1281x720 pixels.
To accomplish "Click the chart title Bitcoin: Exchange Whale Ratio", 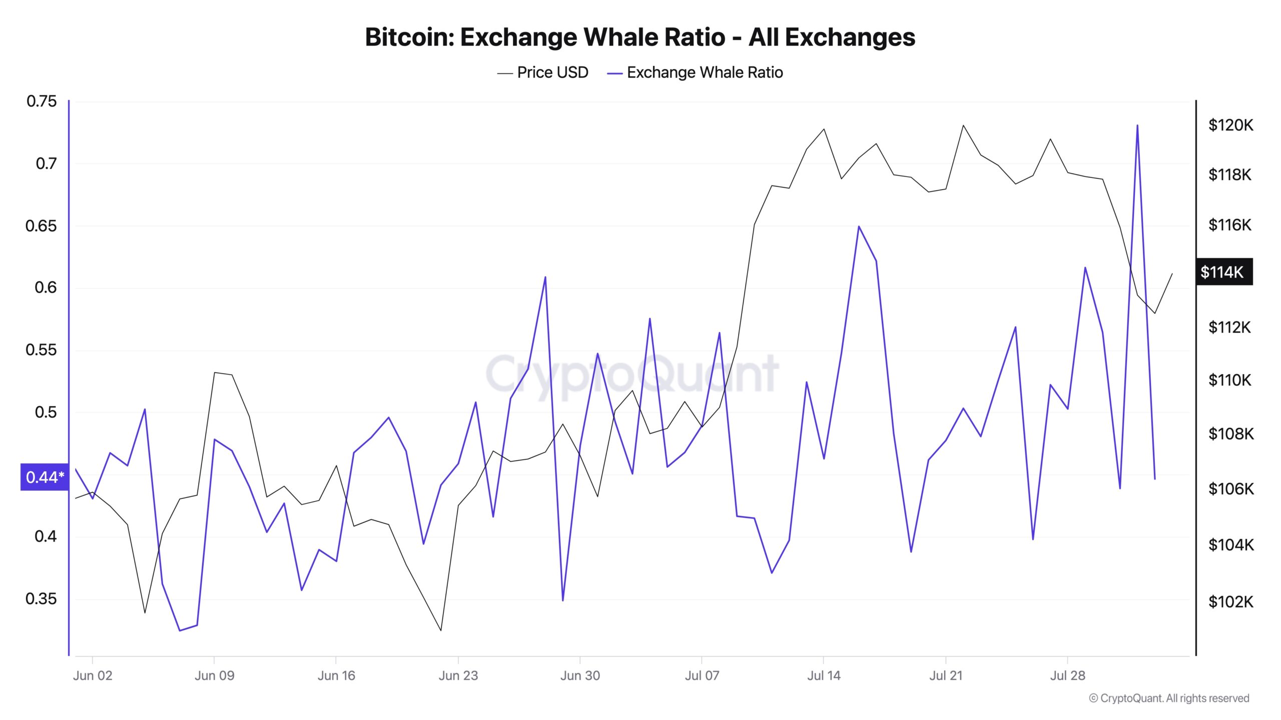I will point(640,37).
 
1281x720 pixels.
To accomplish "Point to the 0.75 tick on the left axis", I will point(42,101).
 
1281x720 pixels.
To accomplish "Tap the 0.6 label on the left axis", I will point(46,287).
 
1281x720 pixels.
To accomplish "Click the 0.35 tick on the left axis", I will point(42,598).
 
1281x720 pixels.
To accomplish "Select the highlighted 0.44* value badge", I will point(45,477).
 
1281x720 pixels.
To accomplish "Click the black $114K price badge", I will point(1223,272).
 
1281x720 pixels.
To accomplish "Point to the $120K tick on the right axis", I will point(1230,125).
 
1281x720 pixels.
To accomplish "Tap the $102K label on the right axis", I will point(1230,601).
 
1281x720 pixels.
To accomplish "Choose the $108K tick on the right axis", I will point(1230,433).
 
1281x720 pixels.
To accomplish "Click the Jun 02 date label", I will point(93,675).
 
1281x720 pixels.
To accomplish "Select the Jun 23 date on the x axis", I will point(458,675).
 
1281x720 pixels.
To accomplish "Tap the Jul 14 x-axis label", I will point(824,675).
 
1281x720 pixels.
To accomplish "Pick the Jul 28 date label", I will point(1067,675).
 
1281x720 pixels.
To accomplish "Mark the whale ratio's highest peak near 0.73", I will point(1137,125).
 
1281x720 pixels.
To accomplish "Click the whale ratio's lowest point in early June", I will point(180,630).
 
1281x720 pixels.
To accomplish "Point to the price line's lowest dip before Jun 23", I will point(441,630).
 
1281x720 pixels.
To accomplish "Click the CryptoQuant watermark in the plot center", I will point(632,373).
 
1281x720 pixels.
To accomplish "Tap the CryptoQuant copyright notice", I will point(1169,698).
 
